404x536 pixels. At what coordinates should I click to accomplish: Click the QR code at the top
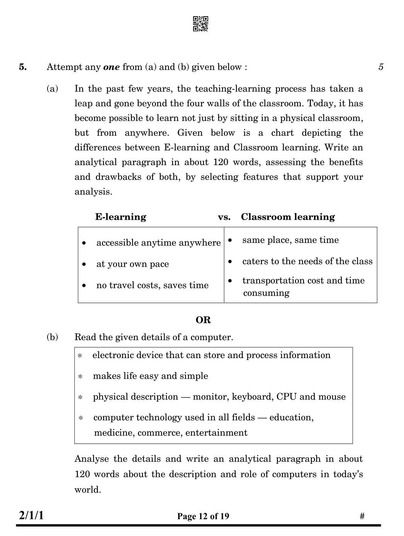tap(200, 24)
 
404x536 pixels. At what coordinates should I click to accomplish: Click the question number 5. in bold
tap(23, 67)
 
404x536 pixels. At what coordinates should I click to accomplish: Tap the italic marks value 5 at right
tap(381, 67)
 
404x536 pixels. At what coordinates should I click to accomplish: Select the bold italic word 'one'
tap(111, 67)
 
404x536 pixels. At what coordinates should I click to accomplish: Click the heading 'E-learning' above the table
tap(121, 217)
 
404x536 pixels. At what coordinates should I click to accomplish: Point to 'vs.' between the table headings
tap(224, 217)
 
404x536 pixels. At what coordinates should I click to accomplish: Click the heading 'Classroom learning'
tap(288, 217)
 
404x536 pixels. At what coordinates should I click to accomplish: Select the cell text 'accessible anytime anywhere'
tap(158, 243)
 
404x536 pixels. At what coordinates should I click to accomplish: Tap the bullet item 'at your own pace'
tap(132, 264)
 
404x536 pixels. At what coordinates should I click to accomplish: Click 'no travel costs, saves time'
tap(152, 285)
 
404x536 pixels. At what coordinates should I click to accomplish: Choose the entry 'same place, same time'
tap(290, 240)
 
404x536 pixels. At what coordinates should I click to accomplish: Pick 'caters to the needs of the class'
tap(307, 261)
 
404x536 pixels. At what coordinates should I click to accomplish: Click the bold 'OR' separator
tap(203, 320)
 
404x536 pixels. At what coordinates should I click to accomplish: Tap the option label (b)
tap(52, 337)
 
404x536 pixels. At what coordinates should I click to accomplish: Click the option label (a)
tap(52, 89)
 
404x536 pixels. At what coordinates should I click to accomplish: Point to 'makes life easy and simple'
tap(150, 376)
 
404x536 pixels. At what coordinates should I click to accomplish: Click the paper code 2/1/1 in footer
tap(31, 515)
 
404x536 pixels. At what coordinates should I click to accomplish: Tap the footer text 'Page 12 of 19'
tap(203, 516)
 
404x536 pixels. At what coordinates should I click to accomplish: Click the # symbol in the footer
tap(362, 516)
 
